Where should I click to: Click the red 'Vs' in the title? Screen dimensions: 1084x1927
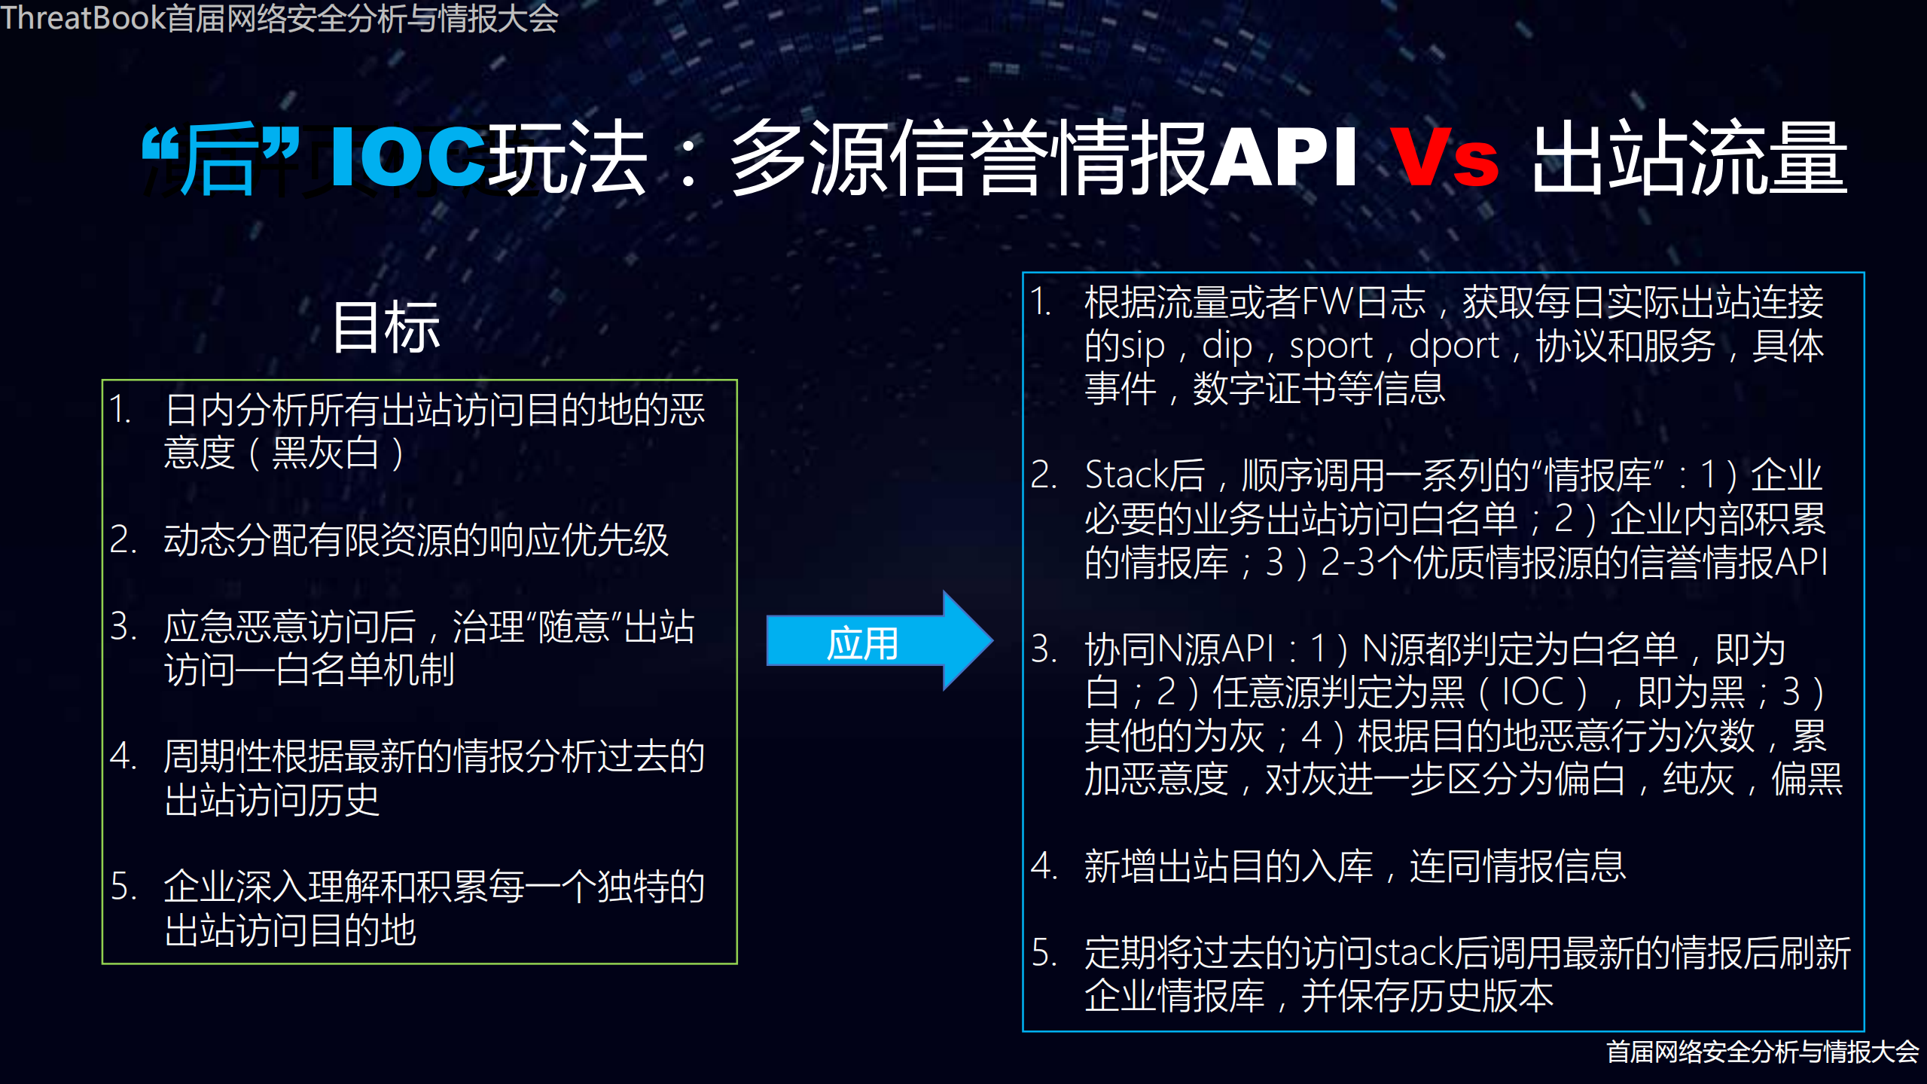(x=1444, y=158)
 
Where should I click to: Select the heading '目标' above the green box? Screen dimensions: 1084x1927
(x=386, y=327)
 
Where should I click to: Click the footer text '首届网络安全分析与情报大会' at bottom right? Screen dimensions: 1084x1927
(x=1762, y=1052)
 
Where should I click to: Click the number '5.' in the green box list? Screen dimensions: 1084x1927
(x=123, y=887)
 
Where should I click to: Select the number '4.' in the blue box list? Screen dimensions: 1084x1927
(x=1044, y=866)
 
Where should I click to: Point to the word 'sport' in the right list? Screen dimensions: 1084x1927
(x=1331, y=347)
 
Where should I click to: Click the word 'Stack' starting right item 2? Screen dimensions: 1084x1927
(x=1127, y=475)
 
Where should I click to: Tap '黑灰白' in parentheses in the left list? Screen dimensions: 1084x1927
(x=325, y=453)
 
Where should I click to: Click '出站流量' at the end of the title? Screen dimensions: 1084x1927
(x=1690, y=158)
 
